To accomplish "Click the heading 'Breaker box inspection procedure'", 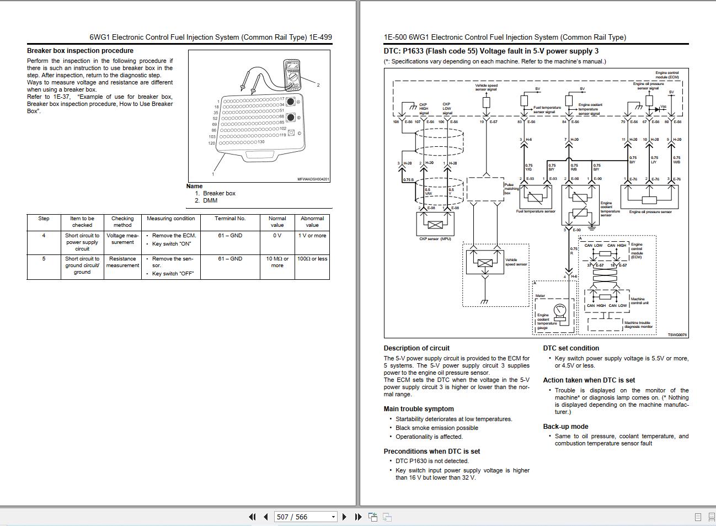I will [x=80, y=51].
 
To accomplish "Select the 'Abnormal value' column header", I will [x=312, y=221].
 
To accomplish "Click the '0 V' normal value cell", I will [x=277, y=236].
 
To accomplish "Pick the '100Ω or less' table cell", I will [x=312, y=259].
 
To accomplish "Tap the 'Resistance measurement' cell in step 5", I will [x=122, y=262].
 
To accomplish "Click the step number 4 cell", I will [x=44, y=236].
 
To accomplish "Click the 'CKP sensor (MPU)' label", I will [x=435, y=239].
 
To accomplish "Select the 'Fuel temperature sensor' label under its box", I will [x=536, y=211].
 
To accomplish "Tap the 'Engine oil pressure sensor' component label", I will [x=650, y=212].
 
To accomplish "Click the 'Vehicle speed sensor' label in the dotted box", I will [x=516, y=262].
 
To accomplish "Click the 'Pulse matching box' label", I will [x=511, y=189].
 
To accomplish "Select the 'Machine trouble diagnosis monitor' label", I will [x=638, y=325].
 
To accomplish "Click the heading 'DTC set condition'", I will [x=571, y=348].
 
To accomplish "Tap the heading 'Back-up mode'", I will [x=565, y=427].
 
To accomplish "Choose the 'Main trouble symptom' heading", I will [x=419, y=409].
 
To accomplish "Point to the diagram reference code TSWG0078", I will [x=677, y=335].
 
